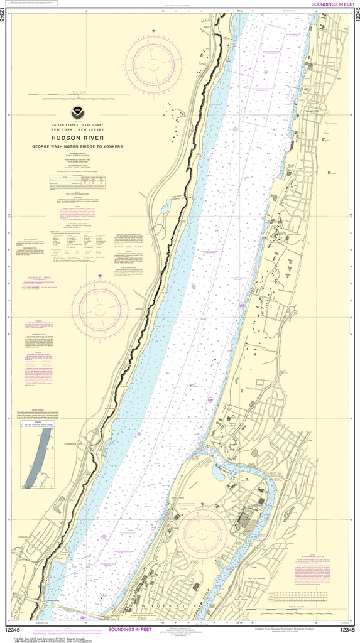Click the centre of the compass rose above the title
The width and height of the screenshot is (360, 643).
[x=153, y=61]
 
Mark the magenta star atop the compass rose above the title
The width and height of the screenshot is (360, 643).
[x=153, y=31]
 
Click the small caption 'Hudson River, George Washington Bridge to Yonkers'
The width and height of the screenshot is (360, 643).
[x=283, y=629]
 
